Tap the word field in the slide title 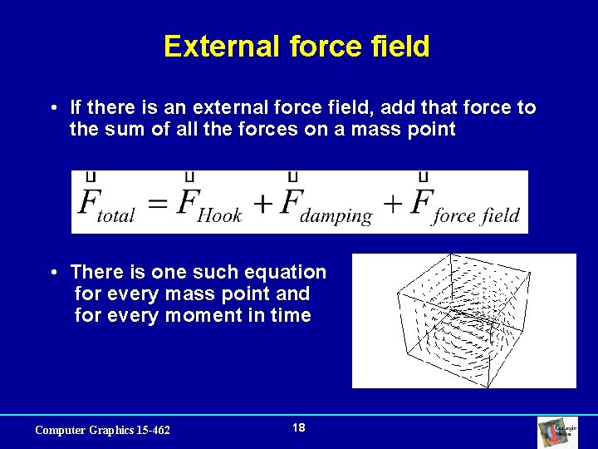[x=402, y=47]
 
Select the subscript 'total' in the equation [x=115, y=216]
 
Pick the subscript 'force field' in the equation [x=476, y=216]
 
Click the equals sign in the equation [x=158, y=204]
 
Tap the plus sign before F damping [x=263, y=204]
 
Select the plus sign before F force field [x=394, y=204]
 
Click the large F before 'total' [x=87, y=201]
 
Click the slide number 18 [x=299, y=427]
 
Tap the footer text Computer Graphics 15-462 [x=102, y=430]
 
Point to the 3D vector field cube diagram [x=463, y=320]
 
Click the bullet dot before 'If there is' [x=52, y=108]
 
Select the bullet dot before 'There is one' [x=52, y=273]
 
